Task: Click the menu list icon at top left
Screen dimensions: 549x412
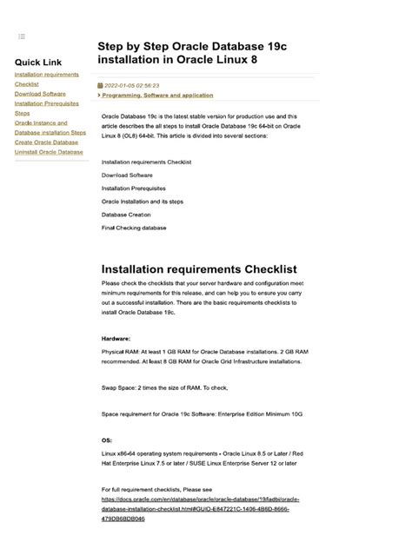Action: [x=22, y=36]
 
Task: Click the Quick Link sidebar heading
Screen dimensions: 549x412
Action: [x=38, y=63]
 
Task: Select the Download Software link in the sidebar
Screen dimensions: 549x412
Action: [x=40, y=94]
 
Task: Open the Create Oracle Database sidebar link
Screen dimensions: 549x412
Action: [x=46, y=142]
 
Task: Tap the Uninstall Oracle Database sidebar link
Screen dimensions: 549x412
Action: [x=50, y=152]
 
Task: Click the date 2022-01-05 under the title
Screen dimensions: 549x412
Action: [x=132, y=86]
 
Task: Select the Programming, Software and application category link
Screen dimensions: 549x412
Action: [x=157, y=96]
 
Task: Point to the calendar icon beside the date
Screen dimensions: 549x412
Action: [x=101, y=86]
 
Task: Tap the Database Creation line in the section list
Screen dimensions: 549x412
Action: [x=126, y=215]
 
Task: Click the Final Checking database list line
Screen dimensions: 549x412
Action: [x=134, y=228]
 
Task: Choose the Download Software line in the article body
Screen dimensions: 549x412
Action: [x=127, y=175]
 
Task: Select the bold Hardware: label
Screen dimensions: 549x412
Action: [x=116, y=338]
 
